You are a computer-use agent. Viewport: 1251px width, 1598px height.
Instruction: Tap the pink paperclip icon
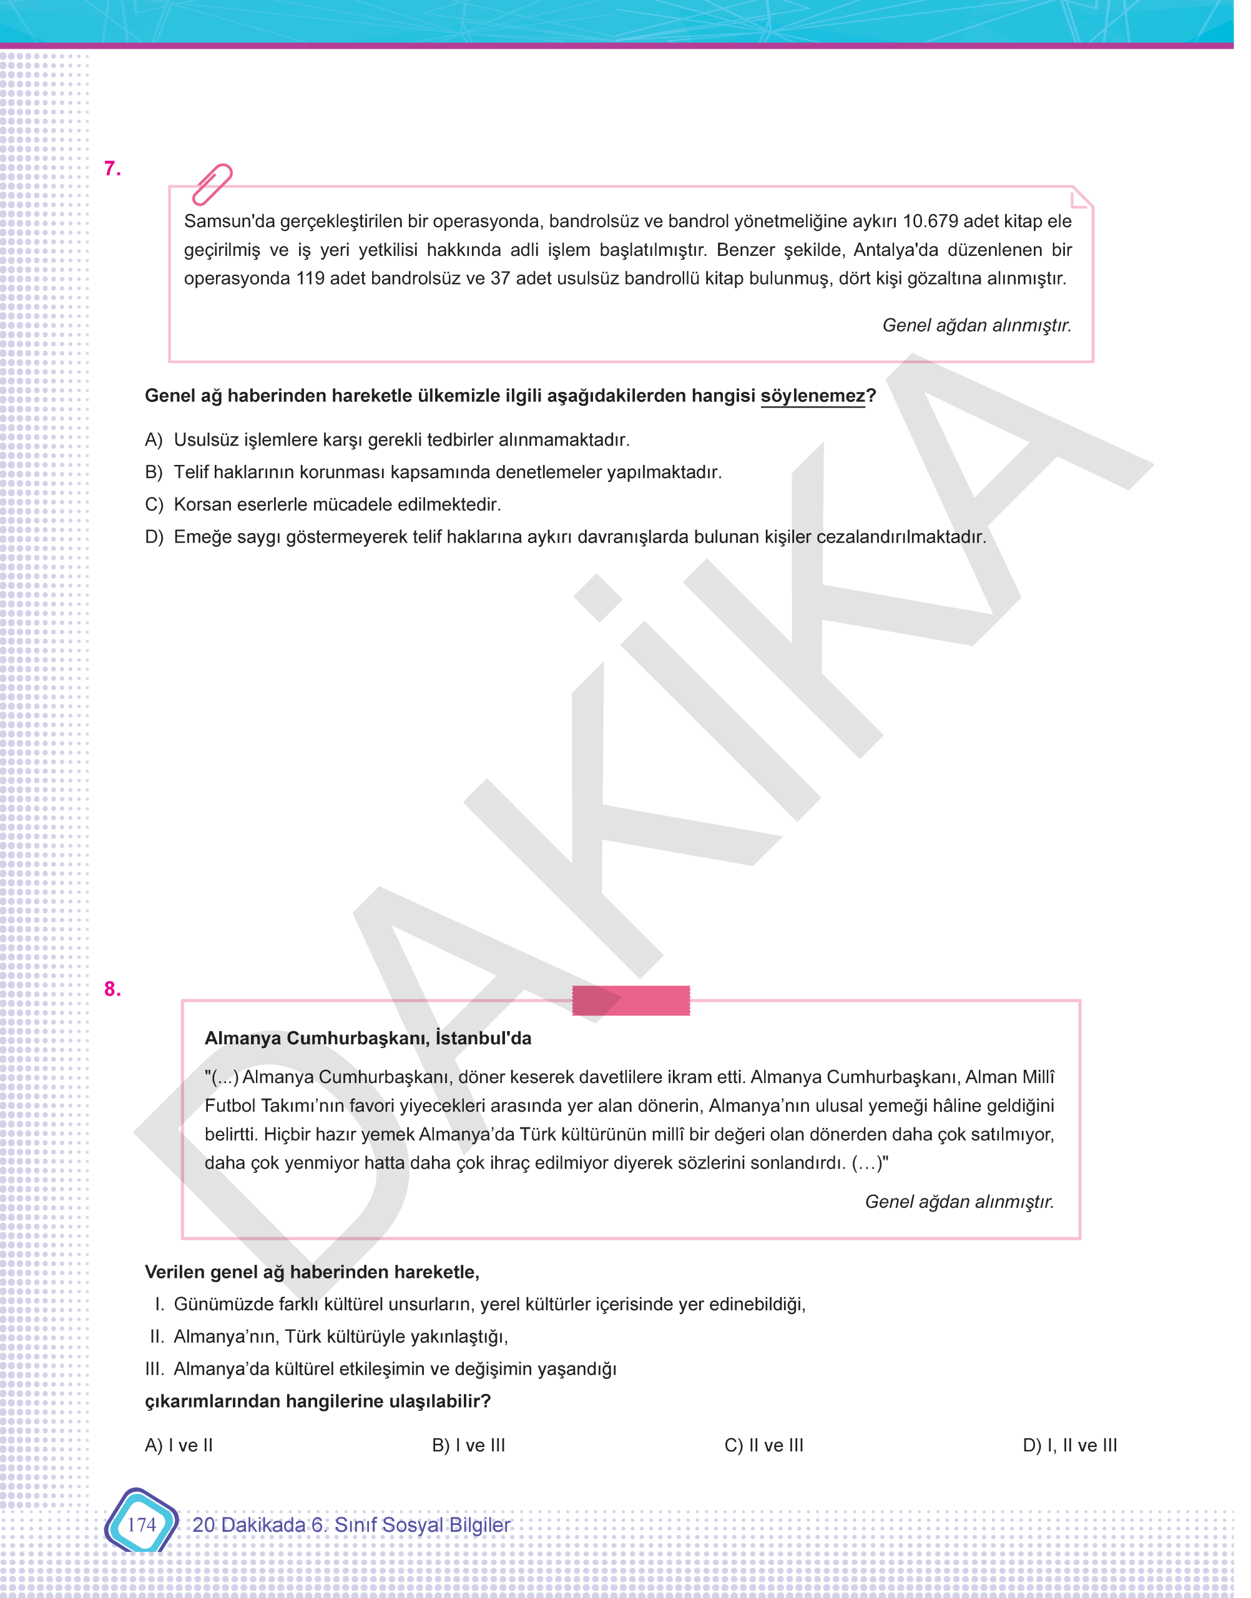click(212, 184)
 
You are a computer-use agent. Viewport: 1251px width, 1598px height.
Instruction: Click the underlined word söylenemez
click(812, 396)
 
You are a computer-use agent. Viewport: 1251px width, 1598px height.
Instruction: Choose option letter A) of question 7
click(153, 439)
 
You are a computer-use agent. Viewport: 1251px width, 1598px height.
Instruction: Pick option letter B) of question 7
click(153, 472)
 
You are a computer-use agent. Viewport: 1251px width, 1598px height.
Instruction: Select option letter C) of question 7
click(153, 504)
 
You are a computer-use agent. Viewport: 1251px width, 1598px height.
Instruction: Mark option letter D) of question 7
click(153, 537)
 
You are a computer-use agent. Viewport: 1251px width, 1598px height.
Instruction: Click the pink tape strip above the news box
click(630, 1001)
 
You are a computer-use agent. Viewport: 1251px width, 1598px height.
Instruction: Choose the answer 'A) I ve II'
click(179, 1445)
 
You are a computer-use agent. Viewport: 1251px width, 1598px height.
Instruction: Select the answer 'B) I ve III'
click(468, 1445)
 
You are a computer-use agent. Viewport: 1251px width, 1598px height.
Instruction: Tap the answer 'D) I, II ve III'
click(1069, 1445)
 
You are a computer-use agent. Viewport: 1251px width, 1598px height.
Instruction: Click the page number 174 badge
click(141, 1524)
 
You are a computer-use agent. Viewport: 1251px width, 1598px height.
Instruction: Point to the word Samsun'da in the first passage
click(229, 221)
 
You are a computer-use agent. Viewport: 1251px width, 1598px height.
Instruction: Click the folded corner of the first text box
click(1081, 198)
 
